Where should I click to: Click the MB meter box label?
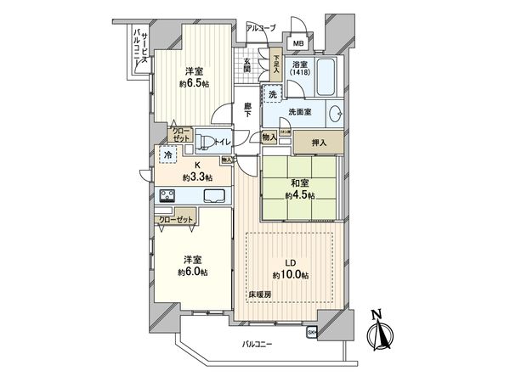point(298,43)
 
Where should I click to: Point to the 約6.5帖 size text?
point(194,84)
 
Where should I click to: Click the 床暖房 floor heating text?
point(260,294)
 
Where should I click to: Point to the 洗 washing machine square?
point(273,95)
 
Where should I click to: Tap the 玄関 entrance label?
point(246,64)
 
